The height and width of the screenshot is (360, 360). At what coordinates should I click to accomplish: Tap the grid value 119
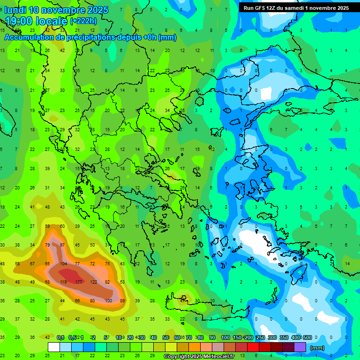63,282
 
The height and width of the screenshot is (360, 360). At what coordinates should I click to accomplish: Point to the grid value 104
63,264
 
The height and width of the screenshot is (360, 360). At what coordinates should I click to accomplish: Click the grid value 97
62,245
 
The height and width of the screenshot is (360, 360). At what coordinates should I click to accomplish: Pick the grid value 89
122,300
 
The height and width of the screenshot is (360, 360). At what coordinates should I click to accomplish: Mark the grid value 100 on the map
108,300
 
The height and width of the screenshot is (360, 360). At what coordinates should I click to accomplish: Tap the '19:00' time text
19,21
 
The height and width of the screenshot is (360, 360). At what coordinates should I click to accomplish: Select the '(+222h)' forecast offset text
83,21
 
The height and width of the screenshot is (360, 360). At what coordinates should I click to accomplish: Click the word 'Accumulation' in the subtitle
29,37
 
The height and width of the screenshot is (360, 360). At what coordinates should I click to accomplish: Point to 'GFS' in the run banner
260,8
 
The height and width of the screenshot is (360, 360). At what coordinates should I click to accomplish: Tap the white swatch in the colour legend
54,347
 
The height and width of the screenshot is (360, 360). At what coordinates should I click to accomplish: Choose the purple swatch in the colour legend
300,347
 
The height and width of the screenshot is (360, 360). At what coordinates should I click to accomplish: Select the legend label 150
237,337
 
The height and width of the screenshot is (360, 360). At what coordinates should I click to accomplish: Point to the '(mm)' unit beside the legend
317,348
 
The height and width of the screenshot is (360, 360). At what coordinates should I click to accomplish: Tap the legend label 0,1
60,337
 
